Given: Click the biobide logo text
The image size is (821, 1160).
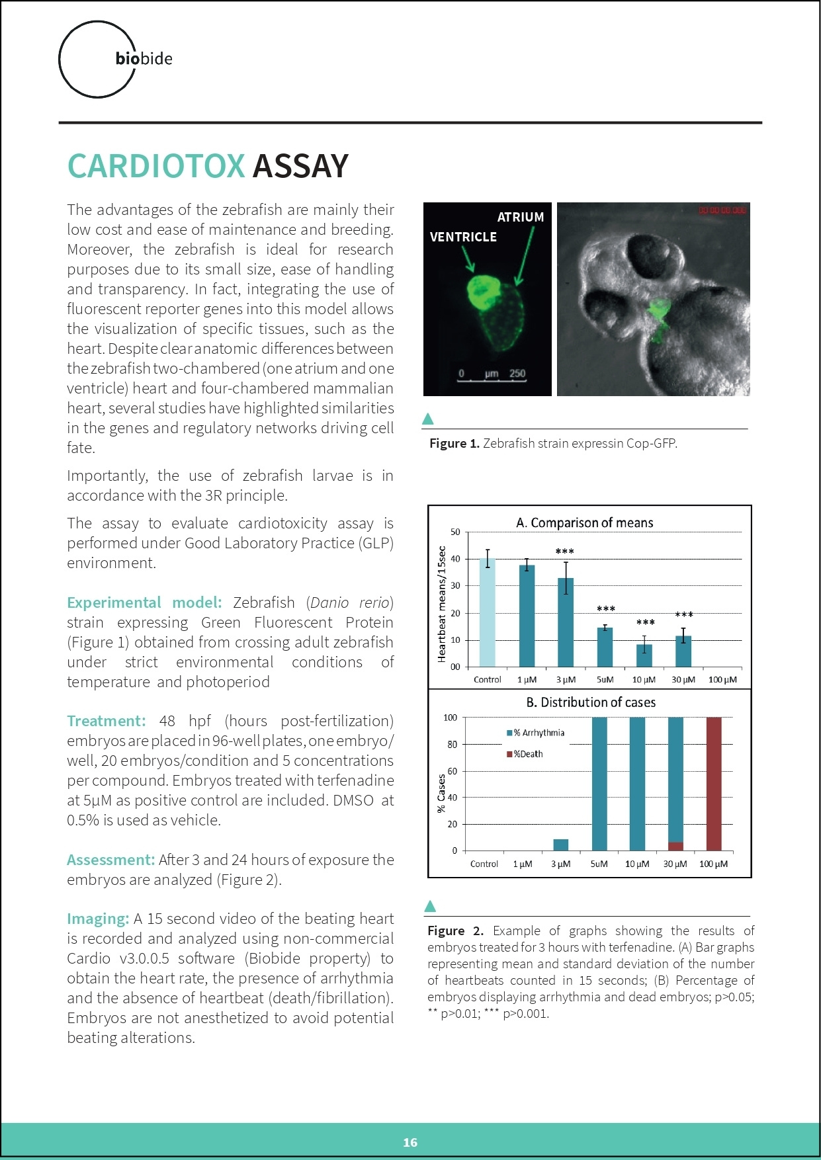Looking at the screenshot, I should (x=144, y=59).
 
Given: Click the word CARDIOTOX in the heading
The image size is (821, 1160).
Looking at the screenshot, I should (x=156, y=166).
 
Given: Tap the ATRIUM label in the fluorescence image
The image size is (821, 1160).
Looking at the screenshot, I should (x=520, y=217).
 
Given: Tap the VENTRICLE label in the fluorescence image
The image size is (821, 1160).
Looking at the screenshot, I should (x=463, y=237).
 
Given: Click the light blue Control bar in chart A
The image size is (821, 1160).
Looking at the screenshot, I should (x=488, y=612).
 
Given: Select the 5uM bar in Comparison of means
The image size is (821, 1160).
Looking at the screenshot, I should (x=605, y=647).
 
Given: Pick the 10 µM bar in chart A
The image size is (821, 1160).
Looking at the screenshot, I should (x=644, y=655).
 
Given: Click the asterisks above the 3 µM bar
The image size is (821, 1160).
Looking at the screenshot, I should (x=565, y=552).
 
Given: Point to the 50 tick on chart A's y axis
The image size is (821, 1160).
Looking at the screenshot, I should (x=455, y=532).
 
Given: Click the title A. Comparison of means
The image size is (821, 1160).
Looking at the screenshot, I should (x=585, y=522).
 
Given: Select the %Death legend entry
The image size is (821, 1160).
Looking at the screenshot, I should (x=527, y=754).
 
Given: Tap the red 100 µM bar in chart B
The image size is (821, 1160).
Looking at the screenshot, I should (x=714, y=784).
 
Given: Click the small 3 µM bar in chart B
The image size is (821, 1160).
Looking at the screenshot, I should (x=560, y=845).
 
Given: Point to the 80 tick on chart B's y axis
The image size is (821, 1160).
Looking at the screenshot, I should (x=453, y=744).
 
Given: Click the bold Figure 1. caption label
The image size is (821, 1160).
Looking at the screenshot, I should (x=454, y=443).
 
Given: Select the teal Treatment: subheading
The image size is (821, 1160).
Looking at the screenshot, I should (x=106, y=721).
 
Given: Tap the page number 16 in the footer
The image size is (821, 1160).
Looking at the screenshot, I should (x=410, y=1142).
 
